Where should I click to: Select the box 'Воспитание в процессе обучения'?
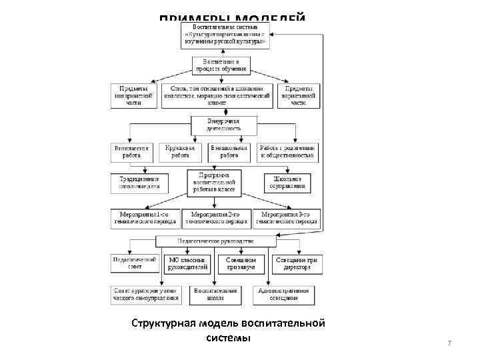[221, 64]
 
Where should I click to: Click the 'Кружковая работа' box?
[176, 152]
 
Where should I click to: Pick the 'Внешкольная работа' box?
[229, 152]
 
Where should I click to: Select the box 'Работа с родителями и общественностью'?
[287, 152]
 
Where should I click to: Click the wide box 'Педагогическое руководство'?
[215, 241]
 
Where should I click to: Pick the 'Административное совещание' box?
[283, 295]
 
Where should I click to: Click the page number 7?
[449, 343]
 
